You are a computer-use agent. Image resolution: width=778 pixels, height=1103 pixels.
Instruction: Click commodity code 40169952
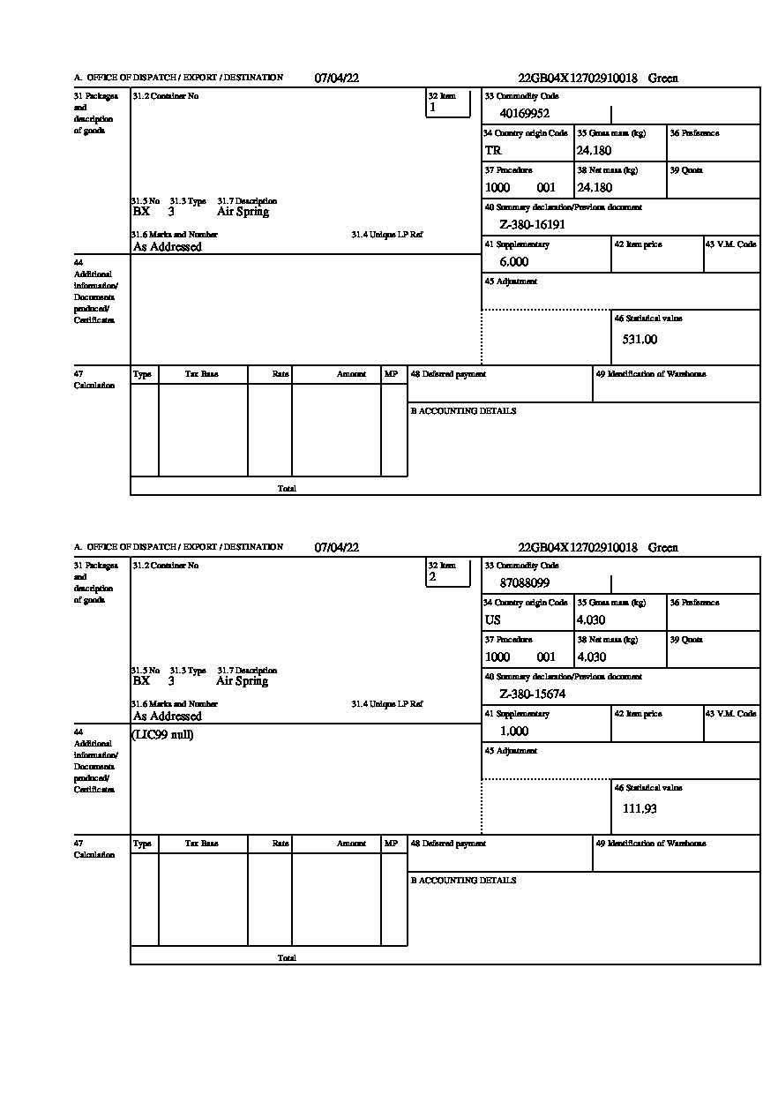click(x=525, y=113)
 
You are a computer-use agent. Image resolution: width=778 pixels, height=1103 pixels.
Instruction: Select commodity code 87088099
click(x=525, y=582)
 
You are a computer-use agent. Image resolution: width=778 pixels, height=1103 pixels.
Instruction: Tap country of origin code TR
click(x=493, y=150)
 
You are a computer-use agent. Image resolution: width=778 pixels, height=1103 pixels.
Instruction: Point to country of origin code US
click(x=493, y=619)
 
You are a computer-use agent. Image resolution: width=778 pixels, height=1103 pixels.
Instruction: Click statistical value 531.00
click(x=640, y=339)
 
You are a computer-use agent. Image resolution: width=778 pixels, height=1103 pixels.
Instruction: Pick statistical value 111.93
click(x=640, y=808)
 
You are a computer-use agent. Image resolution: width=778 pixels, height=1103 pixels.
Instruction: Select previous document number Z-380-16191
click(x=532, y=224)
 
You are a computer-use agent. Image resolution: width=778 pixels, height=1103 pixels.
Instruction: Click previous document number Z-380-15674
click(x=532, y=694)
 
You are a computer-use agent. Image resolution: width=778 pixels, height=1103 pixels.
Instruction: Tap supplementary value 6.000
click(x=514, y=261)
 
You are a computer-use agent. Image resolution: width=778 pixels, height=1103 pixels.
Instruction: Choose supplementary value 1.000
click(x=514, y=731)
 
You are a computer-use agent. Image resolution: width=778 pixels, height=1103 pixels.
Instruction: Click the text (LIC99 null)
click(x=162, y=735)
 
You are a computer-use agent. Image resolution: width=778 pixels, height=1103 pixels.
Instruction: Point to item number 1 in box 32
click(x=432, y=108)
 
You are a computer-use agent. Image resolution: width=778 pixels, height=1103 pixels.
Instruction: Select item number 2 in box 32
click(x=432, y=577)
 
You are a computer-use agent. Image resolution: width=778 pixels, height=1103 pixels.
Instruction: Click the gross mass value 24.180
click(x=594, y=150)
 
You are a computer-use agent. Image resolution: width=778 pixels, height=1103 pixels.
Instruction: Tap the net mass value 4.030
click(x=591, y=657)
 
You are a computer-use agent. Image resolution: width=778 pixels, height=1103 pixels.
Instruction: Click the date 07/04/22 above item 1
click(x=337, y=78)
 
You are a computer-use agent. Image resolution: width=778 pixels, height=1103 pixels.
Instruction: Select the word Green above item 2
click(x=663, y=547)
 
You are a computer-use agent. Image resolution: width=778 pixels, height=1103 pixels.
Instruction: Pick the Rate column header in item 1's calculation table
click(x=281, y=374)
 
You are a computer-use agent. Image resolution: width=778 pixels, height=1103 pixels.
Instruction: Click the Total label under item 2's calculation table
click(x=287, y=957)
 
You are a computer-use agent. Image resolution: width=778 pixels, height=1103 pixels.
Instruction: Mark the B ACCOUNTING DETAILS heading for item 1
click(x=463, y=411)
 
